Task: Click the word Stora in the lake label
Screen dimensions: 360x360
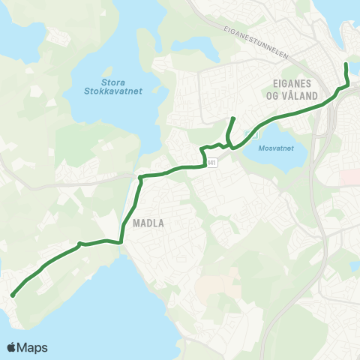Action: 115,82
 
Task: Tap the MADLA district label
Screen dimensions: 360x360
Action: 148,223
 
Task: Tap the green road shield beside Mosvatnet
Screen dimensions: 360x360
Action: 256,135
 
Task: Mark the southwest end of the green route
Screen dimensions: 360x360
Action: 13,295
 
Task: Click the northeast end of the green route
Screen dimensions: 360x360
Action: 345,65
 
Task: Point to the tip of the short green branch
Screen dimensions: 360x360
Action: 234,118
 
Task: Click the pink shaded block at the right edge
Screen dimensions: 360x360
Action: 349,177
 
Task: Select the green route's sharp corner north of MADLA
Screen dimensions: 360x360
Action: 140,178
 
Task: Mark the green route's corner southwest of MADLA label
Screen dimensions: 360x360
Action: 121,241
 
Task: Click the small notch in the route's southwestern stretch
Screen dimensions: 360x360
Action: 79,243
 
